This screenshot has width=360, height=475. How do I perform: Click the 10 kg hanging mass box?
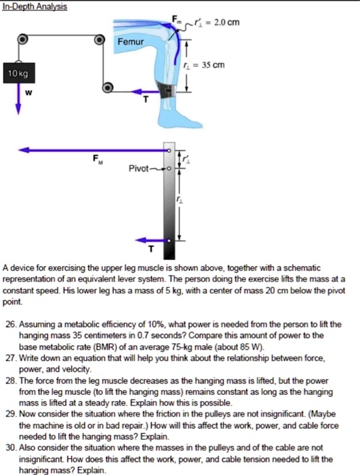click(x=17, y=73)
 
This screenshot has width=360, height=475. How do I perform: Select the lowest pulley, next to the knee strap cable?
click(x=106, y=88)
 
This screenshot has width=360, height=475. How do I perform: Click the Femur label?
click(x=131, y=42)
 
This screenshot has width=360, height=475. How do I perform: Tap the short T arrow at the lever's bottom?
click(x=151, y=240)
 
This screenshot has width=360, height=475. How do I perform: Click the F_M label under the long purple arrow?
click(x=98, y=160)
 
